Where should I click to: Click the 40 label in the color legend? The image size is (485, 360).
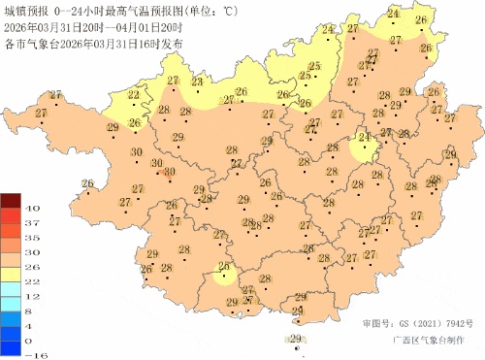pos(30,209)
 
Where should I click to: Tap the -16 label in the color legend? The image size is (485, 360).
pos(30,355)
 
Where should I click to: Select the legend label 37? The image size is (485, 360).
pos(30,223)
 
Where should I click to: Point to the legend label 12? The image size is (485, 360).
pos(30,296)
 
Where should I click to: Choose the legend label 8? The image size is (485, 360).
pos(30,311)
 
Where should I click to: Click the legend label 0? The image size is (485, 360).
pos(30,341)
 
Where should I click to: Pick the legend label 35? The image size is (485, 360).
pos(30,238)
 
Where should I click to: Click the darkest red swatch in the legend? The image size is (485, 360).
pos(9,201)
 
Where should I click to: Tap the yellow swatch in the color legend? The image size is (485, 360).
pos(9,274)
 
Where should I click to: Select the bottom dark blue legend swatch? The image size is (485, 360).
pos(9,347)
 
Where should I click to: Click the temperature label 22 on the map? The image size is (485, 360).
pos(133,95)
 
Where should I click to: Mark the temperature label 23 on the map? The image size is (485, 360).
pos(197,83)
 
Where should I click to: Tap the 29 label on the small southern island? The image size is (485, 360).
pos(295,337)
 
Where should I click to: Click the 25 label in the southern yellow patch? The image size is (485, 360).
pos(224,268)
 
